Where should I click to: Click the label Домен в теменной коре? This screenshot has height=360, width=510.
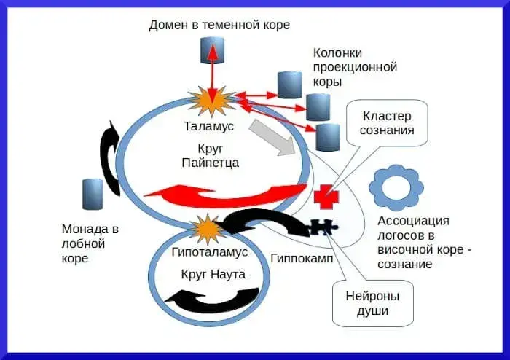[x=219, y=26]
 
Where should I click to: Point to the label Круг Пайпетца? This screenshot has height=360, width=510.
[x=209, y=154]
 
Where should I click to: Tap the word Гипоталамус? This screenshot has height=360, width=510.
[x=210, y=251]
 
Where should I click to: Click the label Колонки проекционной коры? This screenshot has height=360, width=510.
[x=354, y=67]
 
